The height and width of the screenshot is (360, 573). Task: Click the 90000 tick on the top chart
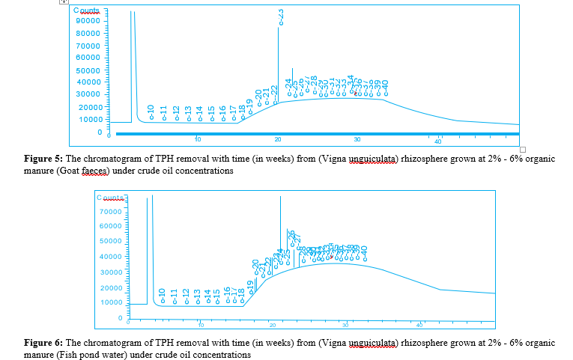(88, 21)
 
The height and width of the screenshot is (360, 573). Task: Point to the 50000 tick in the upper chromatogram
(88, 70)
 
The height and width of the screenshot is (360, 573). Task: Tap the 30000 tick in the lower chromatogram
(110, 272)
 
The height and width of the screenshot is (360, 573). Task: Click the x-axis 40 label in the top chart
(438, 141)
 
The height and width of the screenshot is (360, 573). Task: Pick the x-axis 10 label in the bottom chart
(201, 325)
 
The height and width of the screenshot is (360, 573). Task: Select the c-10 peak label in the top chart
(151, 112)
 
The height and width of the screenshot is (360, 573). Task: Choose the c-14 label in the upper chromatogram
(200, 113)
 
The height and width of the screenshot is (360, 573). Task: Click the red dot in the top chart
(355, 92)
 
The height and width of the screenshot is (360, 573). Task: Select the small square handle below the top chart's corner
(523, 149)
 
